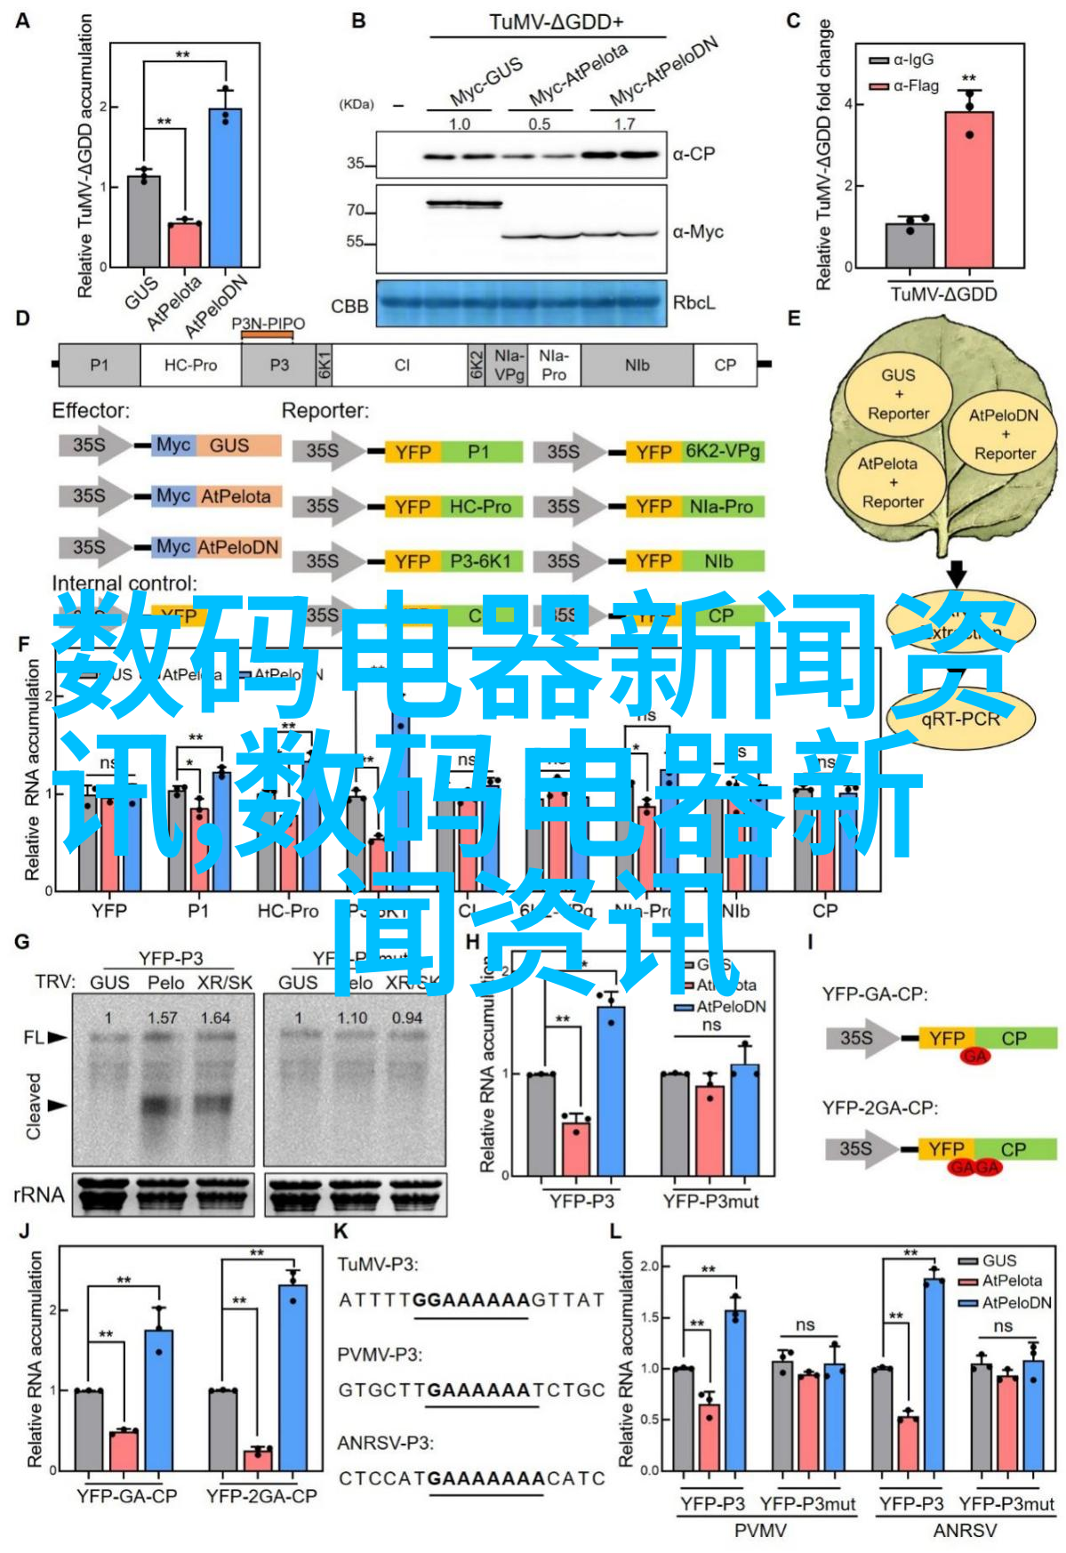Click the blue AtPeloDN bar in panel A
225,188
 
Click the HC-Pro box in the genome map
190,366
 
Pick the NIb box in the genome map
637,366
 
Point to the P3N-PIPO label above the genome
268,324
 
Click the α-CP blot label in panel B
693,154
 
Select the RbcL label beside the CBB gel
693,303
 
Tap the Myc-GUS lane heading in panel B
485,83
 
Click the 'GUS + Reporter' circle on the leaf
898,394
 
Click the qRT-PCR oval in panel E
960,719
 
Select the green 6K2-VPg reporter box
722,452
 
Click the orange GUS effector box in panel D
229,446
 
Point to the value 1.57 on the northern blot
163,1018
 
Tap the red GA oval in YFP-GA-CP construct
974,1056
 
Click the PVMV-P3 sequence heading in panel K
380,1355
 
